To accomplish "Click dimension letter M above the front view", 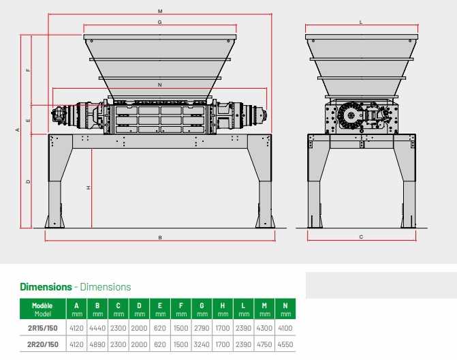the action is [x=160, y=12].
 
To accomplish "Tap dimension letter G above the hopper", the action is [x=160, y=22].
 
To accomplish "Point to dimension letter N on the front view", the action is [x=160, y=85].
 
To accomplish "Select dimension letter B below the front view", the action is [x=160, y=238].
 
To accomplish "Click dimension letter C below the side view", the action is [x=362, y=237].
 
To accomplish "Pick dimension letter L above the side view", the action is [x=361, y=22].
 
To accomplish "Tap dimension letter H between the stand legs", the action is [x=89, y=188].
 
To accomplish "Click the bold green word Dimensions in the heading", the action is [x=46, y=287].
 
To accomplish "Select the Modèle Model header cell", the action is [x=42, y=310].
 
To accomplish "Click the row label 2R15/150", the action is [x=42, y=328].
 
